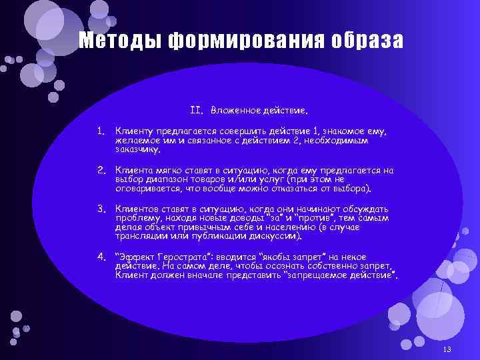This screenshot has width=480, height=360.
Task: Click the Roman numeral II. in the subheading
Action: pos(196,109)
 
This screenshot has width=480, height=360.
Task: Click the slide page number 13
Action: pos(447,351)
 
